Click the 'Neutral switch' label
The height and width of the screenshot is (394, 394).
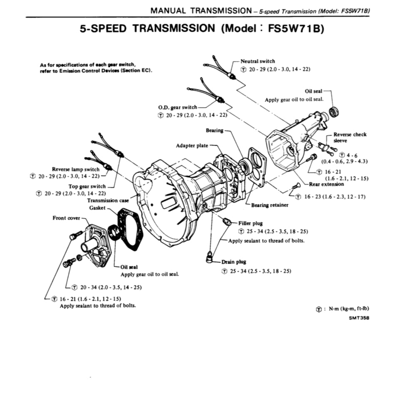[x=258, y=61]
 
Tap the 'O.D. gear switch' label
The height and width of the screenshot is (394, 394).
[x=177, y=107]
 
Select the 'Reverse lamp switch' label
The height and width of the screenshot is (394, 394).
[x=76, y=169]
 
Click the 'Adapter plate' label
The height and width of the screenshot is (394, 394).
[x=192, y=146]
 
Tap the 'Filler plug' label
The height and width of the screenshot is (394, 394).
[x=250, y=223]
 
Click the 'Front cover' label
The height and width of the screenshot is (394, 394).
[x=66, y=218]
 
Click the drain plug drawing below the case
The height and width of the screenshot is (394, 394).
[x=210, y=258]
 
